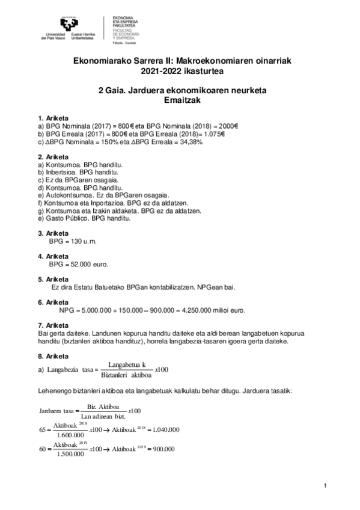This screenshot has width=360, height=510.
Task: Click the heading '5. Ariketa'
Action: click(x=53, y=279)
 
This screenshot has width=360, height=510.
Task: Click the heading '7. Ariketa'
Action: click(x=53, y=325)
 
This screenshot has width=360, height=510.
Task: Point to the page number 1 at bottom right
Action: click(x=325, y=485)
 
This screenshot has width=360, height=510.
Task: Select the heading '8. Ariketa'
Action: click(x=53, y=356)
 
